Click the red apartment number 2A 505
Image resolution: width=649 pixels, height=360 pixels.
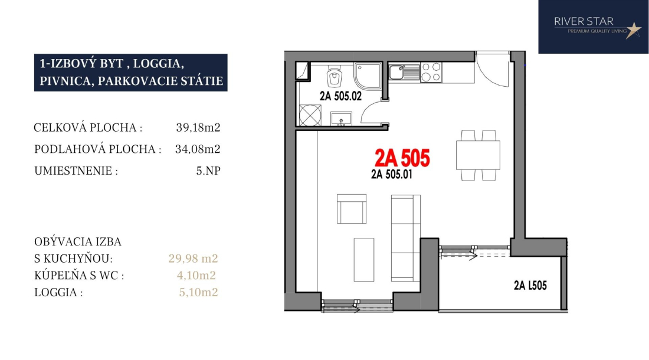402,158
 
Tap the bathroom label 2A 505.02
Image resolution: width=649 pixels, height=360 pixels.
340,96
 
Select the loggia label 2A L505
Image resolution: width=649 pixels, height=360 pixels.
530,286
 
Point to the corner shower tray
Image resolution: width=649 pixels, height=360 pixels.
368,76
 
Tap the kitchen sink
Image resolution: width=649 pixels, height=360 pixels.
404,73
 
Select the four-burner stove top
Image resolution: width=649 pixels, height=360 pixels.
431,72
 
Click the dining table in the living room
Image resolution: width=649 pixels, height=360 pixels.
478,155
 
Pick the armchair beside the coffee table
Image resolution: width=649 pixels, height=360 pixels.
352,209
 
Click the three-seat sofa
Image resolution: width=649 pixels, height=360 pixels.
406,238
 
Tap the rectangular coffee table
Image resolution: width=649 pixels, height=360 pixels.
364,260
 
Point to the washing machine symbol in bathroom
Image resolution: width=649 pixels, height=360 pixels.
310,115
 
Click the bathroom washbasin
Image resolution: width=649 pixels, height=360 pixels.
341,119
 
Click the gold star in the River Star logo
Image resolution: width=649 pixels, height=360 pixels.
633,30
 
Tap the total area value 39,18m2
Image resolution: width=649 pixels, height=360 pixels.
198,127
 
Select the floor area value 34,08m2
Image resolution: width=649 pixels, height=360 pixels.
198,149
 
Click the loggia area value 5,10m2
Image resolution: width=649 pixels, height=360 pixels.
198,293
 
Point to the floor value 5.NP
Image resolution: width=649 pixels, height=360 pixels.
208,171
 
